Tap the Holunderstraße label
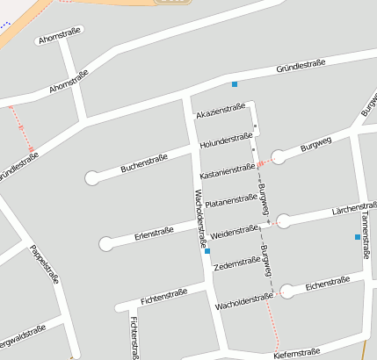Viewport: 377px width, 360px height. (x=227, y=139)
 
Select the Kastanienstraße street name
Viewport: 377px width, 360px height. (x=227, y=169)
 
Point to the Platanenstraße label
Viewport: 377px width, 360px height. (x=231, y=199)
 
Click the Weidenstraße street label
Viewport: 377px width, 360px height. (x=235, y=232)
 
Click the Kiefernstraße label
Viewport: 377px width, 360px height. (x=297, y=353)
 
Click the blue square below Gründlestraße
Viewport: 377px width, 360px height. (x=235, y=84)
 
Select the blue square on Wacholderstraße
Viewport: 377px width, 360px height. (x=207, y=251)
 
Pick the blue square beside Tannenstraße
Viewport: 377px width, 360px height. (x=357, y=237)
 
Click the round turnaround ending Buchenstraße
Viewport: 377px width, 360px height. (x=91, y=178)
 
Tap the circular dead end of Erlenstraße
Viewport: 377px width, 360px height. (x=106, y=243)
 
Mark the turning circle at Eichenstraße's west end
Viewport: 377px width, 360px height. (x=286, y=291)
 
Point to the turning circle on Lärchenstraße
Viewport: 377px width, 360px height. (x=284, y=221)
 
